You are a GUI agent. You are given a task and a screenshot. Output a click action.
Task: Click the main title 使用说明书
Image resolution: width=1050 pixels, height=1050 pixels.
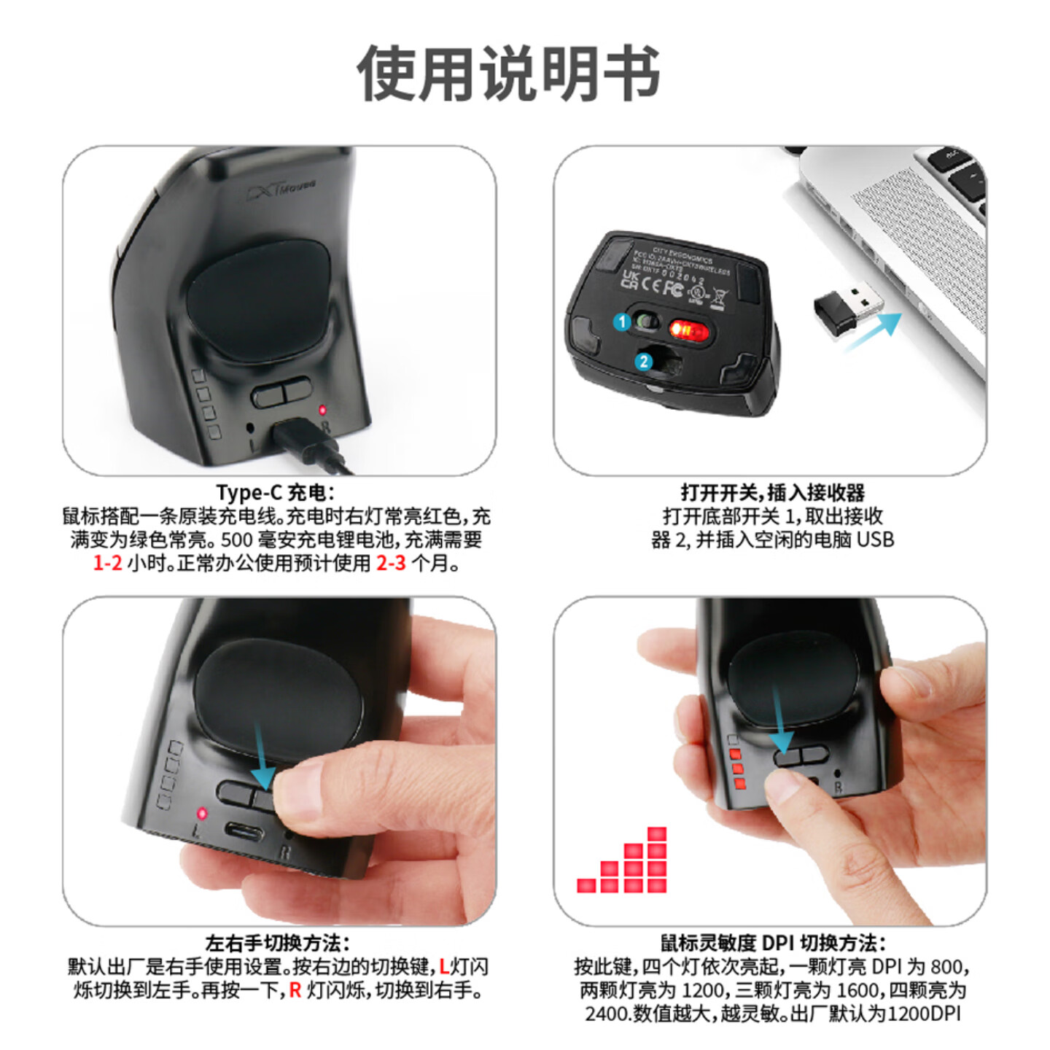[508, 74]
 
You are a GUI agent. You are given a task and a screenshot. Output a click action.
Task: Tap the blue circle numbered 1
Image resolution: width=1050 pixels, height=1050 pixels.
[622, 322]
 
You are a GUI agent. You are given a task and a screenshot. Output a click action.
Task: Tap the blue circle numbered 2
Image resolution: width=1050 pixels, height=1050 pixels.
[643, 362]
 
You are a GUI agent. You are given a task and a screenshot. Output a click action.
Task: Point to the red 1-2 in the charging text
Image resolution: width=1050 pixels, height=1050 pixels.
[107, 563]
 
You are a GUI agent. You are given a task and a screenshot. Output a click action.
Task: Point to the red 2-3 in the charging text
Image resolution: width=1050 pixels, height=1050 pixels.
[391, 563]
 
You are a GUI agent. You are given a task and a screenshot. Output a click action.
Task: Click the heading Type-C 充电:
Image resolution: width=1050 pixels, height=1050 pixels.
[276, 493]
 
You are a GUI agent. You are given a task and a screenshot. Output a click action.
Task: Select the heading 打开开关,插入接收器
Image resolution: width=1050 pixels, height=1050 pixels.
[772, 493]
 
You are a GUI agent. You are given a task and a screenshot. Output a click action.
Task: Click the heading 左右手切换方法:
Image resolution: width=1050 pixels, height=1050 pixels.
[277, 944]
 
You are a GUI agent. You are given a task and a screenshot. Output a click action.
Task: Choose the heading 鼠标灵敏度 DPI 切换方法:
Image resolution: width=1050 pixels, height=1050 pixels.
[773, 944]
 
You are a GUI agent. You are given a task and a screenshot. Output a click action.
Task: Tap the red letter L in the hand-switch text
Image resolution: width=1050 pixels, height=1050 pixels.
[443, 967]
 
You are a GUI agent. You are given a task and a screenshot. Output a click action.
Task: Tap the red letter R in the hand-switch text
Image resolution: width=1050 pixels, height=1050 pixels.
[295, 990]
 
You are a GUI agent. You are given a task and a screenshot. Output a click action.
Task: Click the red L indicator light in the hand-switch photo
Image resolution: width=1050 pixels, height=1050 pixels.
[202, 813]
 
